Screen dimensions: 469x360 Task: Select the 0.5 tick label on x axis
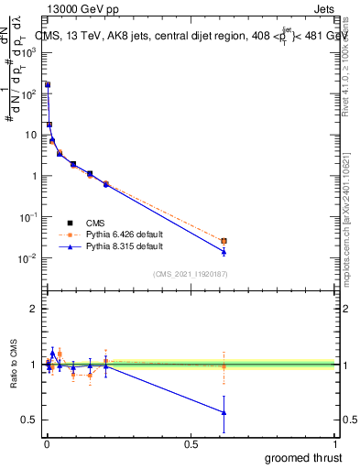[190, 444]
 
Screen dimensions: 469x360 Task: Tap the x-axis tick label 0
[46, 444]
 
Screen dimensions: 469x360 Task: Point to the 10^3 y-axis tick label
[28, 52]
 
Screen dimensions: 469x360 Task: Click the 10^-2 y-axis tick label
[28, 258]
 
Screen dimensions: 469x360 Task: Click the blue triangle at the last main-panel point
[224, 251]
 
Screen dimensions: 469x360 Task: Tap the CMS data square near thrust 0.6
[224, 241]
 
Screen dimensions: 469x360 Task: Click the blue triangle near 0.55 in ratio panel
[224, 412]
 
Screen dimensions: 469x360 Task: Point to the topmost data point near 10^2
[48, 84]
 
